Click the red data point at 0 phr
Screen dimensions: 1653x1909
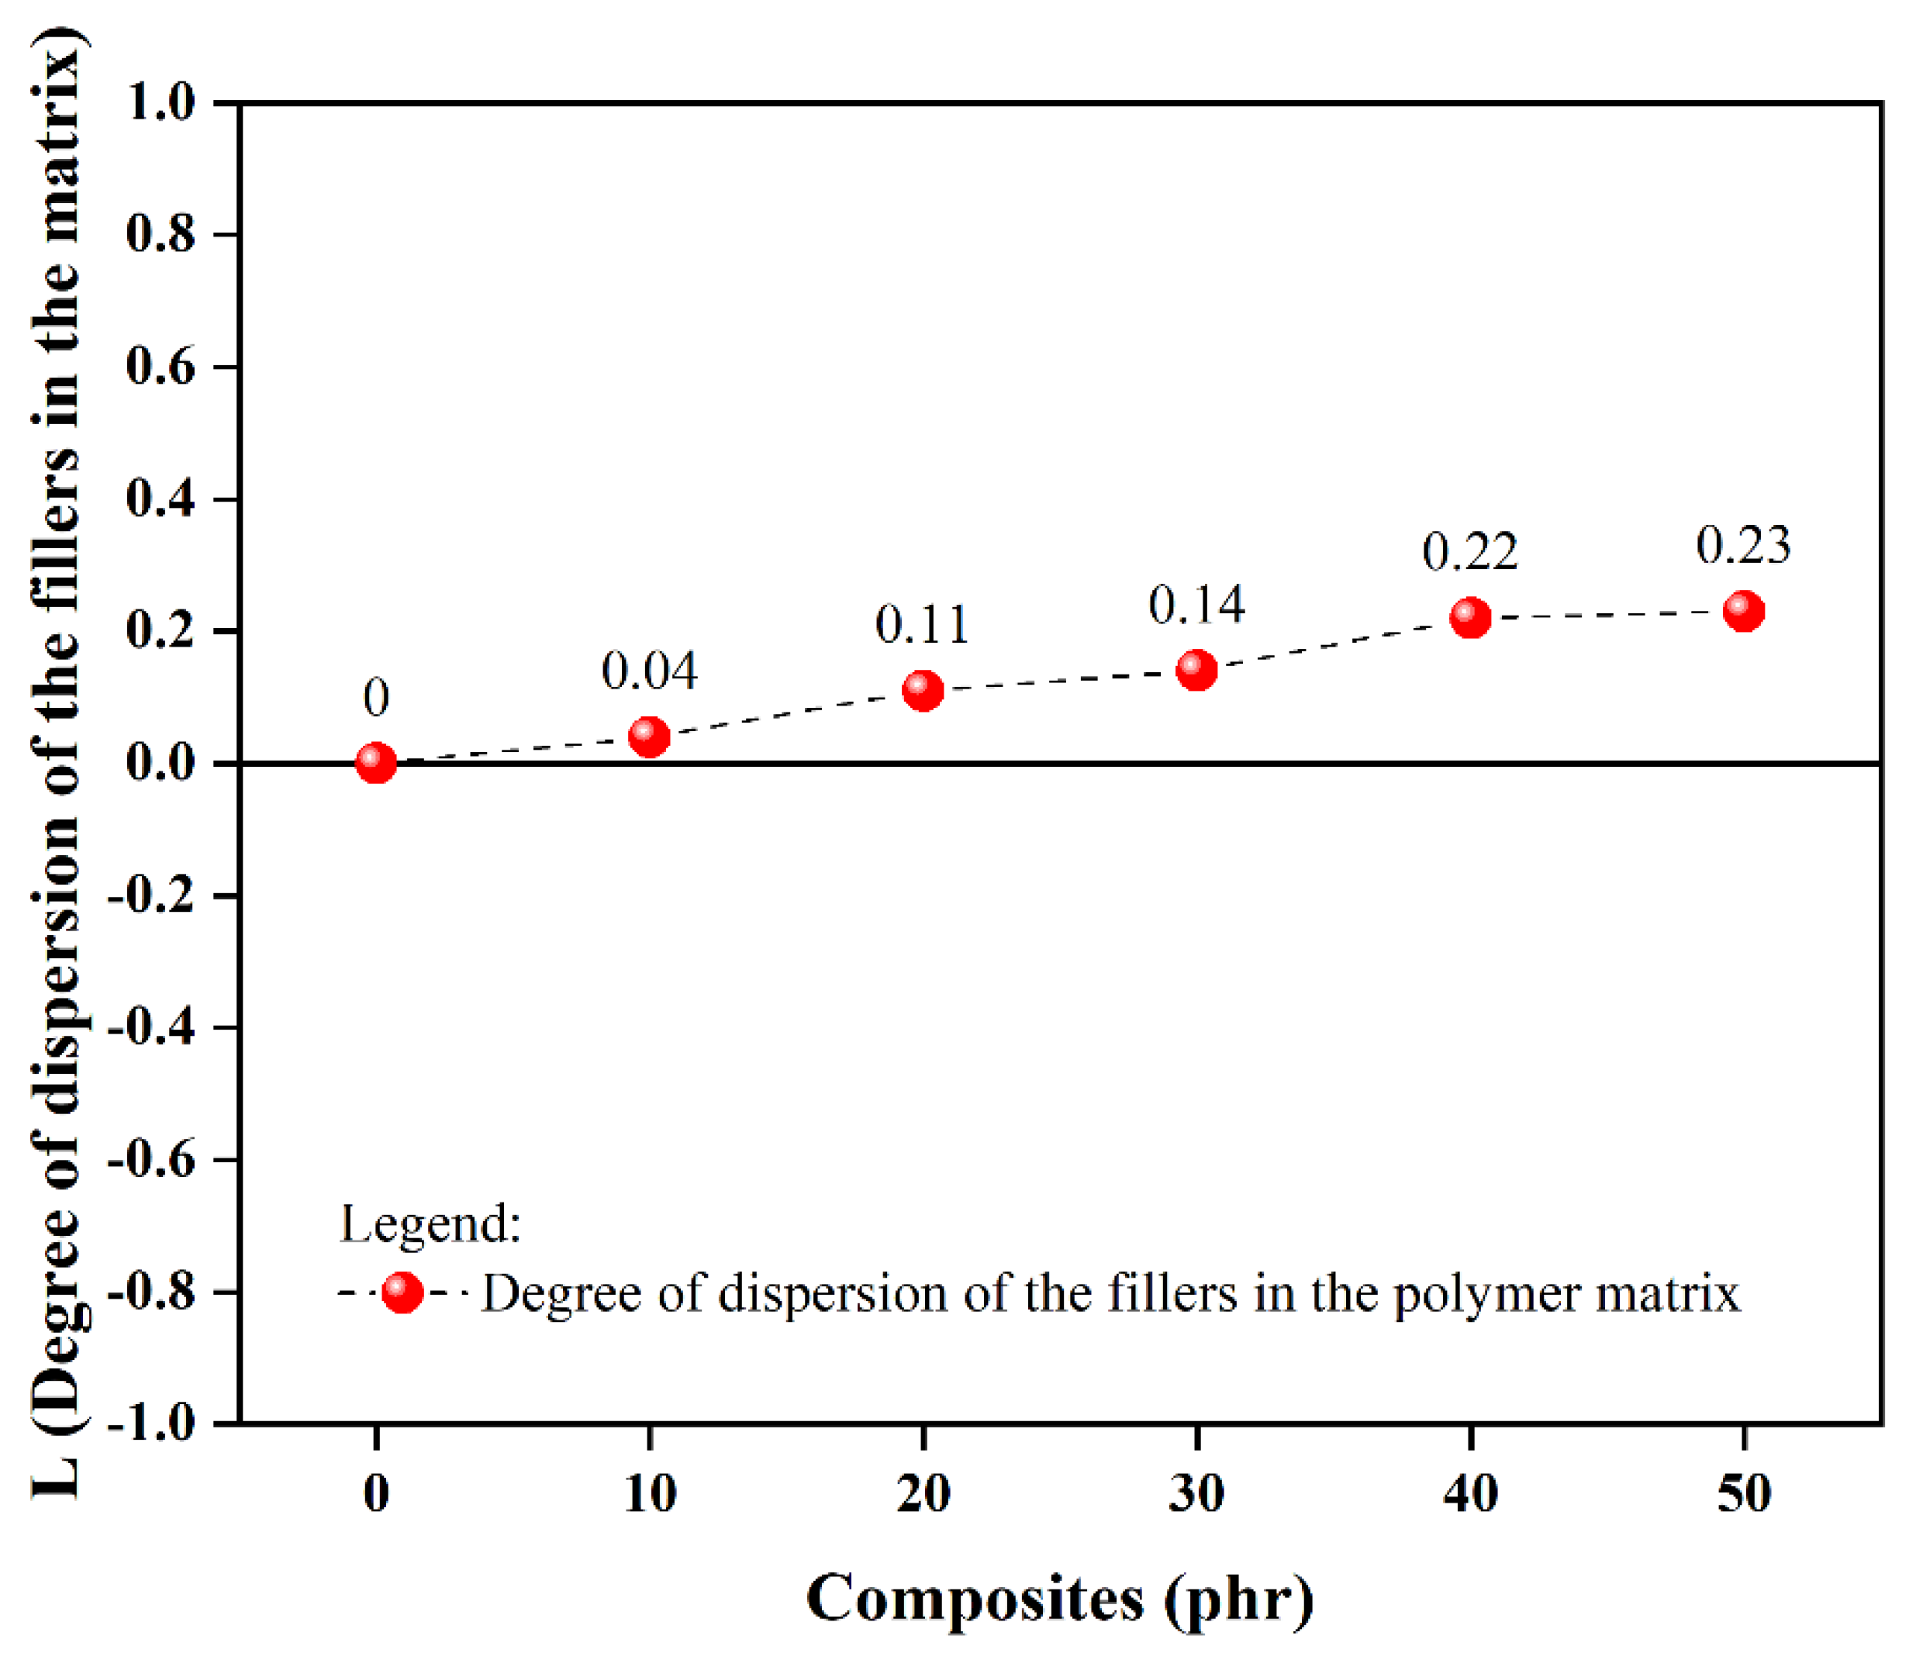click(375, 764)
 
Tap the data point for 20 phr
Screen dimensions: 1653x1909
click(923, 690)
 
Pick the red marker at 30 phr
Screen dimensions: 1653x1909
click(1196, 670)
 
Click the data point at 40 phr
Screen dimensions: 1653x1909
click(1471, 617)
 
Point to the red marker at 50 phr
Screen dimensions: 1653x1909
click(1744, 611)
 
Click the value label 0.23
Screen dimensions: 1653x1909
click(1743, 545)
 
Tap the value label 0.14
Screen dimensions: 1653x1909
click(1196, 605)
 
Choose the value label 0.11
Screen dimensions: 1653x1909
click(923, 624)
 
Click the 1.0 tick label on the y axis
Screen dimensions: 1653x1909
click(161, 102)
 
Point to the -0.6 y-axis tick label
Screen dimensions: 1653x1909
click(152, 1158)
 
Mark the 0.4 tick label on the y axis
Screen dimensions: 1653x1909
click(161, 499)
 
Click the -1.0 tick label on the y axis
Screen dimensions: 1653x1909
click(152, 1424)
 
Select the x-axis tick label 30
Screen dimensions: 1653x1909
click(1196, 1493)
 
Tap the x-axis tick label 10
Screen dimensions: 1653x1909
click(650, 1493)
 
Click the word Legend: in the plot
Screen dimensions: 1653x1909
click(431, 1225)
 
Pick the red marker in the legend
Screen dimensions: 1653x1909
click(402, 1292)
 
